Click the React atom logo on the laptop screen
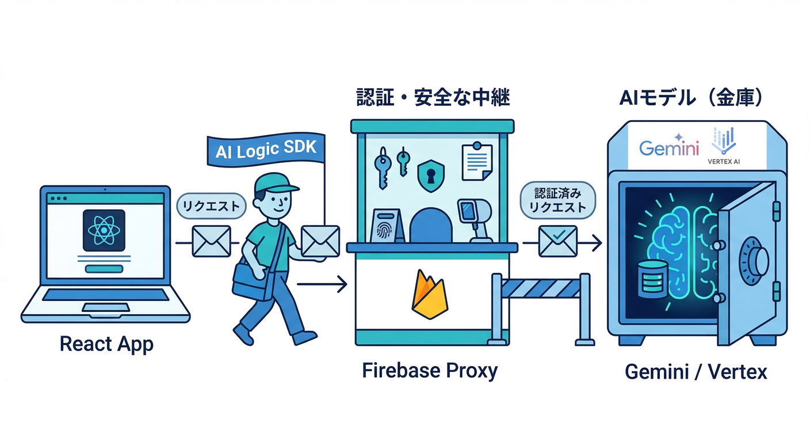coord(104,230)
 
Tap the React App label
coord(106,344)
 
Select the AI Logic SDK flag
coord(266,149)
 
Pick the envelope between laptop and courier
coord(211,241)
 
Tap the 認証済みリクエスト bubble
coord(557,200)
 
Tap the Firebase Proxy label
coord(430,371)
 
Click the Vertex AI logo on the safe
coord(724,147)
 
